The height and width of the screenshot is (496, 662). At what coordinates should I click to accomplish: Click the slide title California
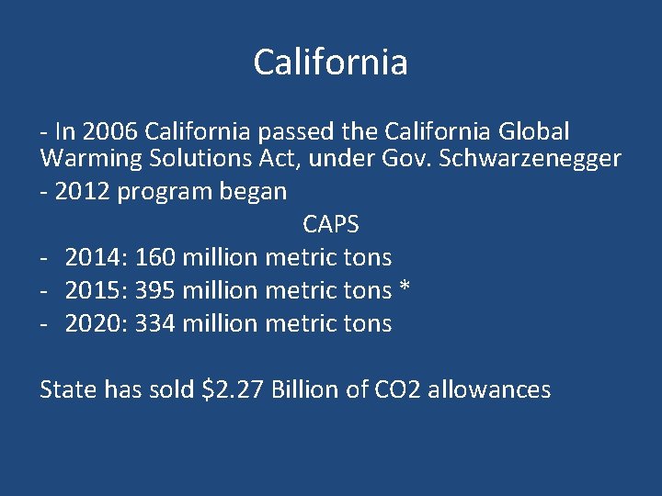pyautogui.click(x=330, y=62)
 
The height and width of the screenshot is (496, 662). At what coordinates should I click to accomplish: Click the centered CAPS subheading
pyautogui.click(x=330, y=224)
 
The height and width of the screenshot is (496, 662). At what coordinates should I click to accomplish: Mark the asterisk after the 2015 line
pyautogui.click(x=405, y=288)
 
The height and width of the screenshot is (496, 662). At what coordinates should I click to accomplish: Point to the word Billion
pyautogui.click(x=305, y=389)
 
